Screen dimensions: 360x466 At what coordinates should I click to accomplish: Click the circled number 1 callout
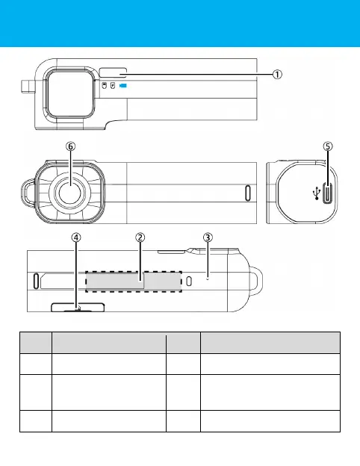point(277,74)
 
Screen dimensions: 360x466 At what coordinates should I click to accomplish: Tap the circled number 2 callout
point(140,237)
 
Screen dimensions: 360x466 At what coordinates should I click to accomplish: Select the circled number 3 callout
point(208,237)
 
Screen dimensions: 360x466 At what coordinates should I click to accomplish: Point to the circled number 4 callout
point(76,237)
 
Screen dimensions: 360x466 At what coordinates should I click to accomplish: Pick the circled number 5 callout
point(328,146)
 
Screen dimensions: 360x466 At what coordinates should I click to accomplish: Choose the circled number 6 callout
point(70,146)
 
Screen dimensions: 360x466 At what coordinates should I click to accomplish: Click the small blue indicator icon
point(123,86)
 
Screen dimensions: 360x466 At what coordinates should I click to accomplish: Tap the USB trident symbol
point(317,193)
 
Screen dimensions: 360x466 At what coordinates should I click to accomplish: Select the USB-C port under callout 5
point(328,193)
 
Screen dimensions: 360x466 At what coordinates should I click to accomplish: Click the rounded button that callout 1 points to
point(113,73)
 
